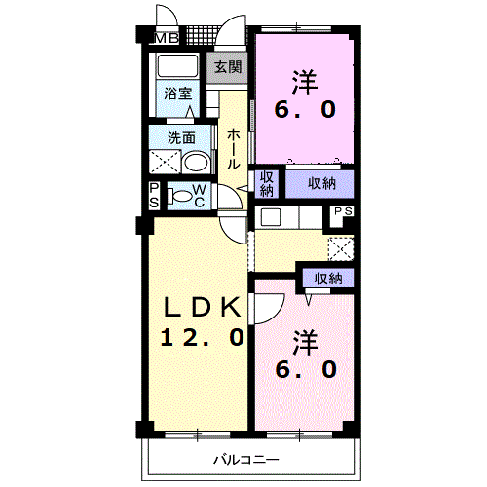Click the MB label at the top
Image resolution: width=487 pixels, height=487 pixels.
(x=168, y=39)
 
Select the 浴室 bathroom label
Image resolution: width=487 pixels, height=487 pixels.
(x=177, y=94)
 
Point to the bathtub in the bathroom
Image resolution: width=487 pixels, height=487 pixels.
(x=177, y=67)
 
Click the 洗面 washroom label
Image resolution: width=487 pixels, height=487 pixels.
(x=180, y=137)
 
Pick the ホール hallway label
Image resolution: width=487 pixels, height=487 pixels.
(x=234, y=149)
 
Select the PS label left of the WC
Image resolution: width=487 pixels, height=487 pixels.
(x=155, y=195)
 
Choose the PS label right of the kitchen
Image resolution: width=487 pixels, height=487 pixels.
(x=343, y=211)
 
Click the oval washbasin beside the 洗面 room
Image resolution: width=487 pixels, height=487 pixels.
(x=196, y=162)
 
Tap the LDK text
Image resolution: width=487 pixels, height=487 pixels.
(x=201, y=307)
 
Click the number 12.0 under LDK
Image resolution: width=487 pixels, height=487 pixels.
(x=201, y=337)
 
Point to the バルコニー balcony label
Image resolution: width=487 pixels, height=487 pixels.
(x=247, y=459)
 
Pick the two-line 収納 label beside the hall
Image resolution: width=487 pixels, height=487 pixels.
(x=266, y=184)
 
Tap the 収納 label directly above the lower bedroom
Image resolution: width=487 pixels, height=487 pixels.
(x=327, y=279)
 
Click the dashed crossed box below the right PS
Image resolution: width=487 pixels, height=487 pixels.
(x=341, y=247)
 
